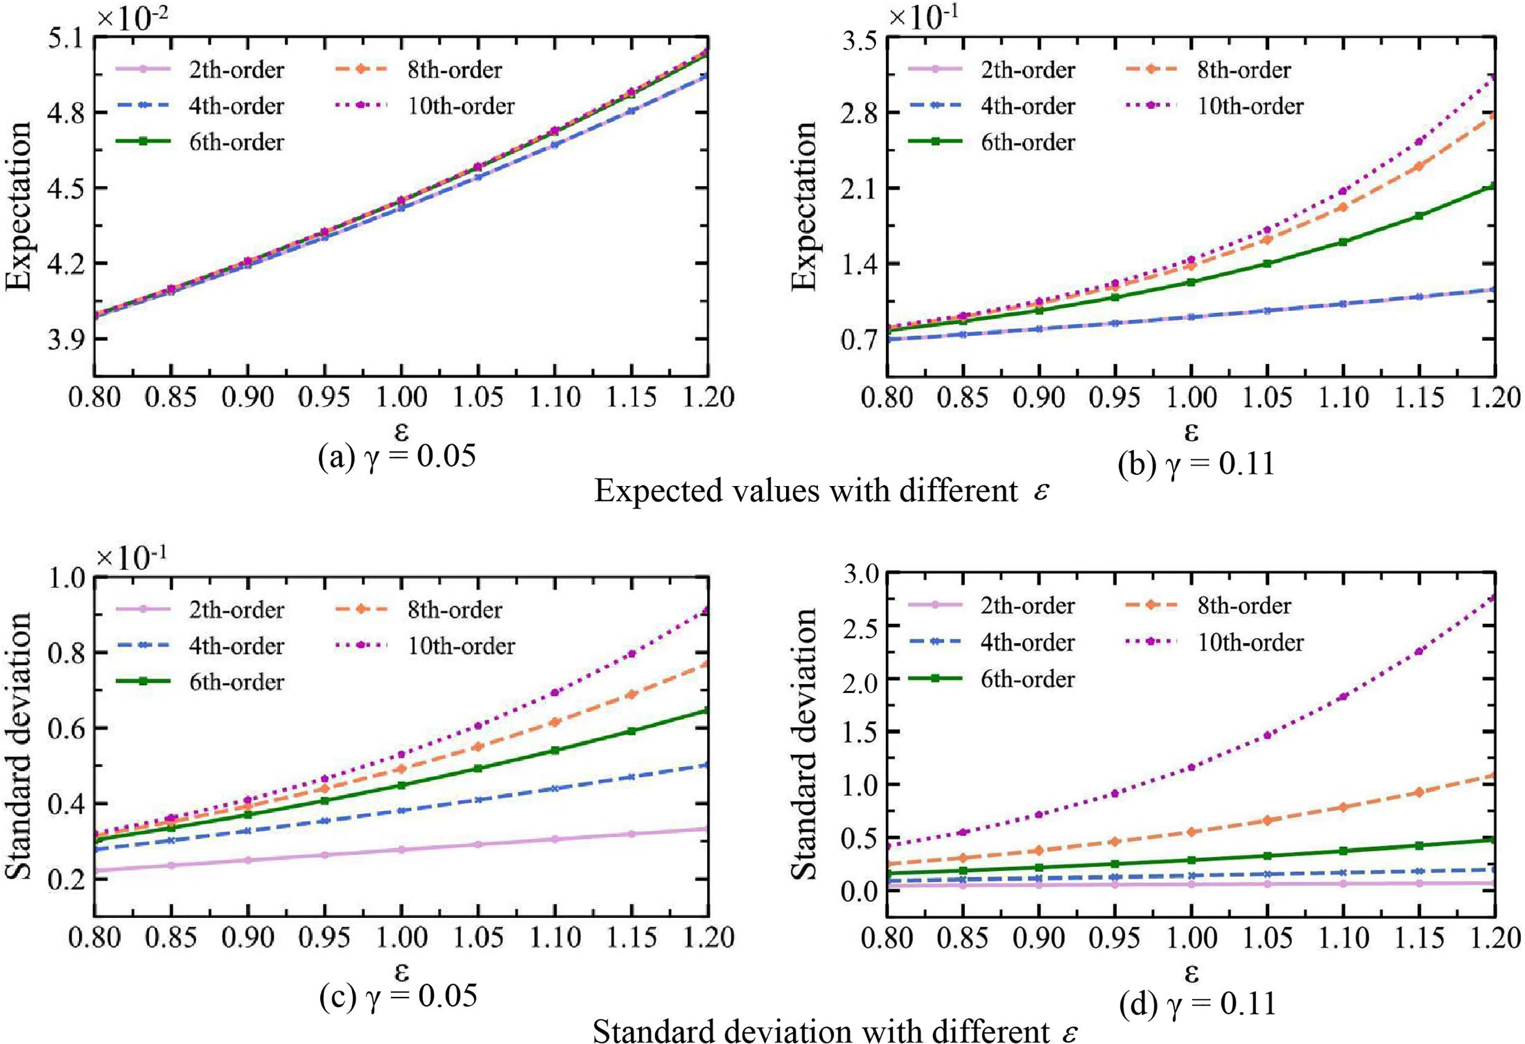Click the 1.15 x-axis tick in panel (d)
click(x=1419, y=938)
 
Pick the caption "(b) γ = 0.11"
click(x=1197, y=464)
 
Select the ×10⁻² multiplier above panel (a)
click(x=132, y=18)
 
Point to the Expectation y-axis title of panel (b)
click(x=804, y=204)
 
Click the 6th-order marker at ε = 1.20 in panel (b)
click(x=1495, y=186)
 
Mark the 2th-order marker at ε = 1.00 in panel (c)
click(x=402, y=849)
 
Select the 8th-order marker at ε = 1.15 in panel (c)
click(x=631, y=695)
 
